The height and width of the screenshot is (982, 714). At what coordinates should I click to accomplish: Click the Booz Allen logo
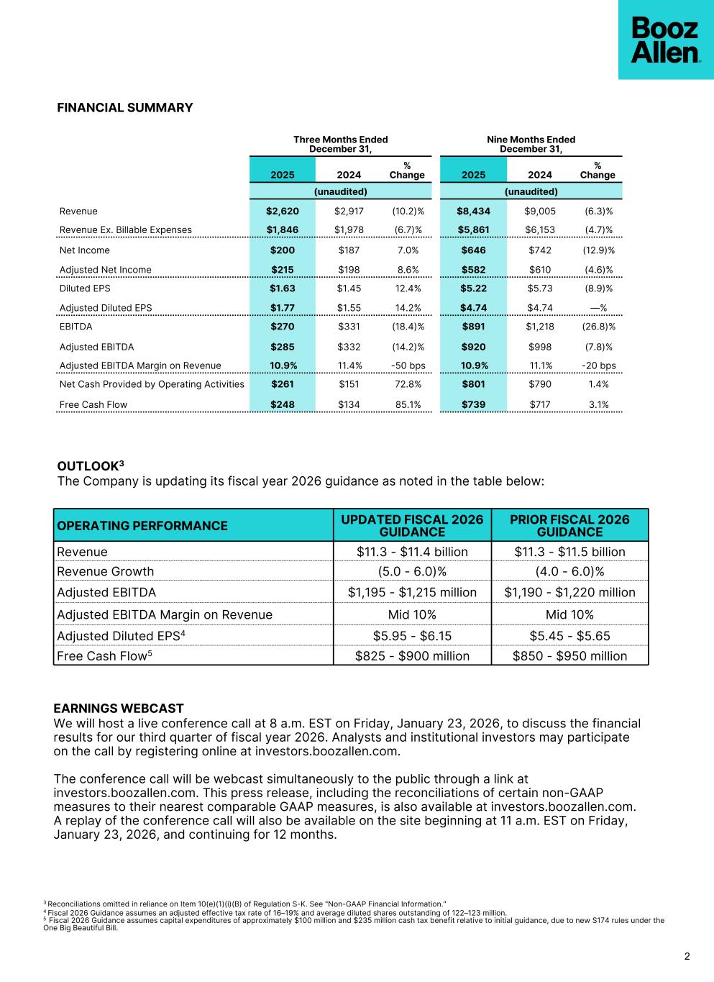tap(665, 40)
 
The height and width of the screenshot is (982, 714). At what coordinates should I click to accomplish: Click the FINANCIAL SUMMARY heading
tap(125, 108)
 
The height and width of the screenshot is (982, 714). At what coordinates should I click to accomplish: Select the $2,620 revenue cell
tap(282, 212)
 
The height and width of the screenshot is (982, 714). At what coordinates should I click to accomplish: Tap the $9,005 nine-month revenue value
tap(540, 212)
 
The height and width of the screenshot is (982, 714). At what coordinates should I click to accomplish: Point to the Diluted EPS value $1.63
tap(282, 288)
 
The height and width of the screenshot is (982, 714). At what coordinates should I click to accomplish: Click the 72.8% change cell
tap(408, 384)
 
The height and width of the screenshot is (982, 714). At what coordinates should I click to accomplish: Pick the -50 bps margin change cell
tap(408, 365)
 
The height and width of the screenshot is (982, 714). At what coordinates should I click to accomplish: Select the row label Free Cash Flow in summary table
tap(93, 404)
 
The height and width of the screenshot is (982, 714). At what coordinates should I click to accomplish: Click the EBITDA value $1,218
tap(540, 327)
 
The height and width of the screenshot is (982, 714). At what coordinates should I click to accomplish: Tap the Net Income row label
tap(85, 250)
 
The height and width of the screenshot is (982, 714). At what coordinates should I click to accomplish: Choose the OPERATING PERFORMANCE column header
tap(142, 526)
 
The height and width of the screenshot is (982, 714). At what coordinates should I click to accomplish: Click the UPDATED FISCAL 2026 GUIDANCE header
tap(412, 526)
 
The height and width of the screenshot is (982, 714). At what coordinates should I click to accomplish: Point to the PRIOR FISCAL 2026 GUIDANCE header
tap(569, 526)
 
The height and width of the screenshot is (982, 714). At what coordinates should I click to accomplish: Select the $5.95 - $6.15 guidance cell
tap(412, 636)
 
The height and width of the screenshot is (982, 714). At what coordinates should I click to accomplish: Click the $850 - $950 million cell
tap(569, 656)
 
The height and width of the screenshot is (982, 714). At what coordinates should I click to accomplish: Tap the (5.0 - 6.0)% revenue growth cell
tap(412, 572)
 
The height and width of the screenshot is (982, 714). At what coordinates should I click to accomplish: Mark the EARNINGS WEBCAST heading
tap(119, 709)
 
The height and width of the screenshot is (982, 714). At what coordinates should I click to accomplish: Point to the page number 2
tap(687, 956)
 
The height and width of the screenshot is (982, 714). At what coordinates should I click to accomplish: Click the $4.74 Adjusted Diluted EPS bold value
tap(473, 308)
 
